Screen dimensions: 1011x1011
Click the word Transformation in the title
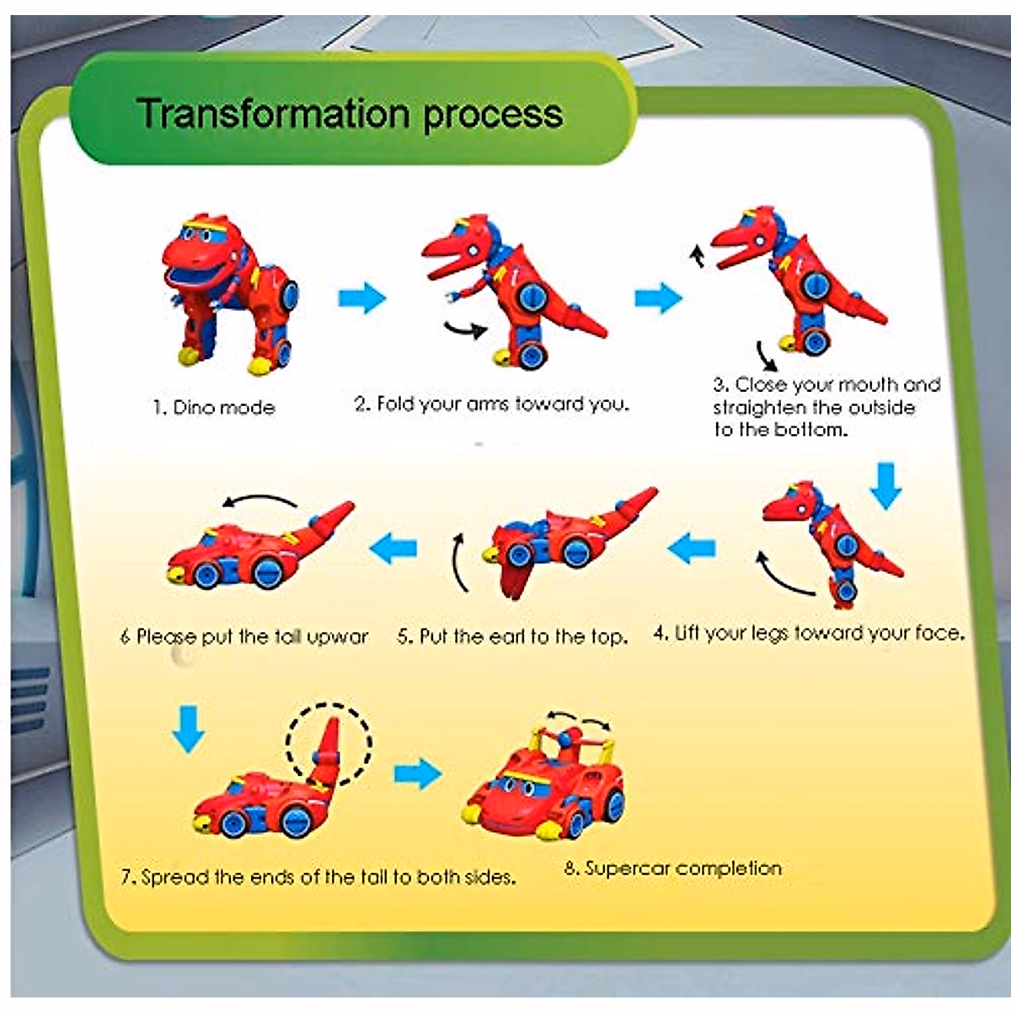275,113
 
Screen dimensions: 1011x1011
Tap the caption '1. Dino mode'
214,408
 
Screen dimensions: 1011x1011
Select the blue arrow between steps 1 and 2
361,297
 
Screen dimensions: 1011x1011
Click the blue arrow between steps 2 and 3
657,297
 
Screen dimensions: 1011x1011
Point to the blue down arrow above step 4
885,485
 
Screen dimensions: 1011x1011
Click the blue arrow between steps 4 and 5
692,548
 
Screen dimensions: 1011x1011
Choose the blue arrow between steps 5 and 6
393,548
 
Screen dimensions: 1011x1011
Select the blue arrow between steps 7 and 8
417,773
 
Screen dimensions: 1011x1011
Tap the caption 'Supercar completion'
672,868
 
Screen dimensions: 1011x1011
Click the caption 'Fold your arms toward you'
491,404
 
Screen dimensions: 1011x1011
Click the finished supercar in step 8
545,785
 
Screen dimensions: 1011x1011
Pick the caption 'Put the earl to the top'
512,637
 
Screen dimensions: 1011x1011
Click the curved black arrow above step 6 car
259,501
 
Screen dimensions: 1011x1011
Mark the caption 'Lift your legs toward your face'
809,634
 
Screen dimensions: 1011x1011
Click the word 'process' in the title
492,115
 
